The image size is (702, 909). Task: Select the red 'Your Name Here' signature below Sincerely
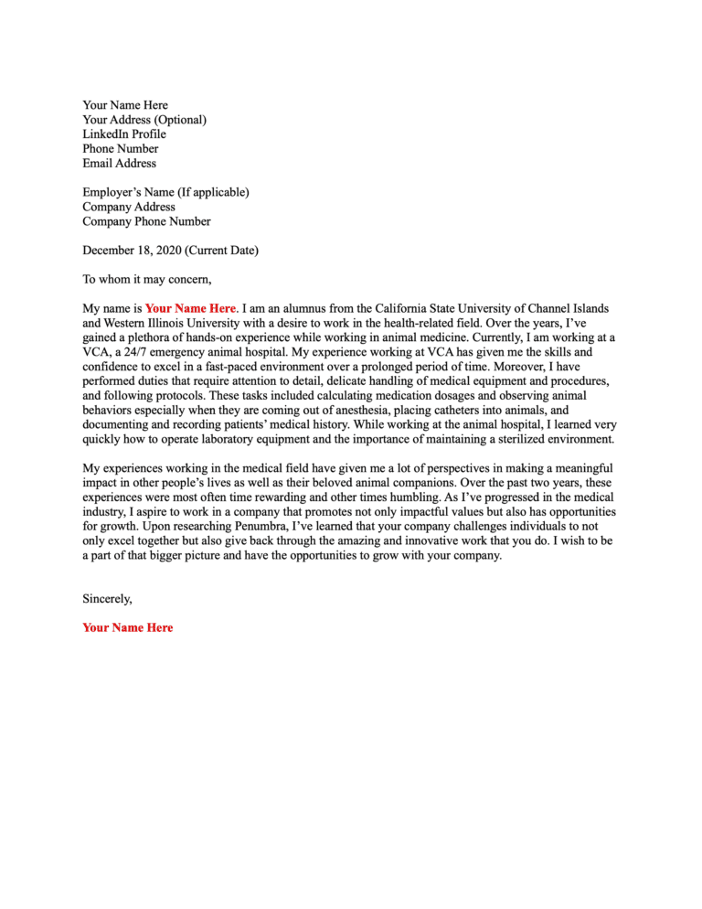click(x=127, y=627)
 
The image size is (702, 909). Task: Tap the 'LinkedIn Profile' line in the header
click(x=124, y=134)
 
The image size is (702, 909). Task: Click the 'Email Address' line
click(x=119, y=164)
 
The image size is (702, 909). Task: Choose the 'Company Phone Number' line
click(x=146, y=221)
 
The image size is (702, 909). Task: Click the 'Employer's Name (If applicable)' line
click(x=165, y=192)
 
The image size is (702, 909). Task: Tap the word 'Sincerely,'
click(x=107, y=599)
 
